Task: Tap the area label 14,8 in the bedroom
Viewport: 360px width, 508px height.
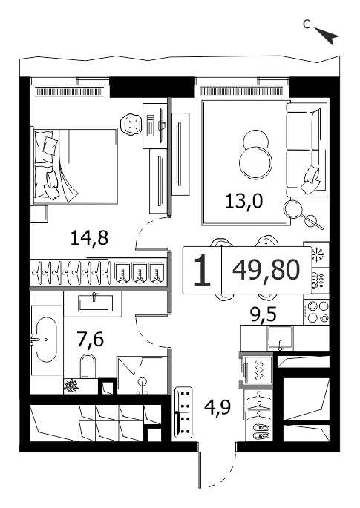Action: coord(89,239)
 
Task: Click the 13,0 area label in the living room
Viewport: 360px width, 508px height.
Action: coord(243,202)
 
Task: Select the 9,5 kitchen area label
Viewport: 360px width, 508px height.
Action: coord(264,314)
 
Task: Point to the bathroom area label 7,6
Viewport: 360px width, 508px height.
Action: coord(91,340)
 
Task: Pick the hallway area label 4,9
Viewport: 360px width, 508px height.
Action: coord(217,407)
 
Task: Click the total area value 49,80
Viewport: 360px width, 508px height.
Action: coord(266,270)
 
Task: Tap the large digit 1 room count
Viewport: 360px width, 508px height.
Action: coord(202,270)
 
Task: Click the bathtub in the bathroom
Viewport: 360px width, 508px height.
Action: coord(46,340)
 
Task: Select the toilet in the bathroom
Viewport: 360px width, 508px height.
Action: coord(88,366)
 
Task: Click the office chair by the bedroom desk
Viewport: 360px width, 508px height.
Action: coord(131,123)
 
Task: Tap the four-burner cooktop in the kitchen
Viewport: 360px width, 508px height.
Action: coord(316,311)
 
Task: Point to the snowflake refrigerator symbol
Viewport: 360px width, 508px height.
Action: coord(316,254)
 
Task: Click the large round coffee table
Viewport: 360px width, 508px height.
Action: coord(255,163)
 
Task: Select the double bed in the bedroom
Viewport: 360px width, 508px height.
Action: coord(74,166)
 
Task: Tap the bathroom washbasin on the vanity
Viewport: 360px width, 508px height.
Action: coord(95,303)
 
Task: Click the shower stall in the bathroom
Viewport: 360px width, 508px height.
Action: coord(143,375)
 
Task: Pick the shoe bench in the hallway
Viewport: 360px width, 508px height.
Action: coord(183,413)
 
